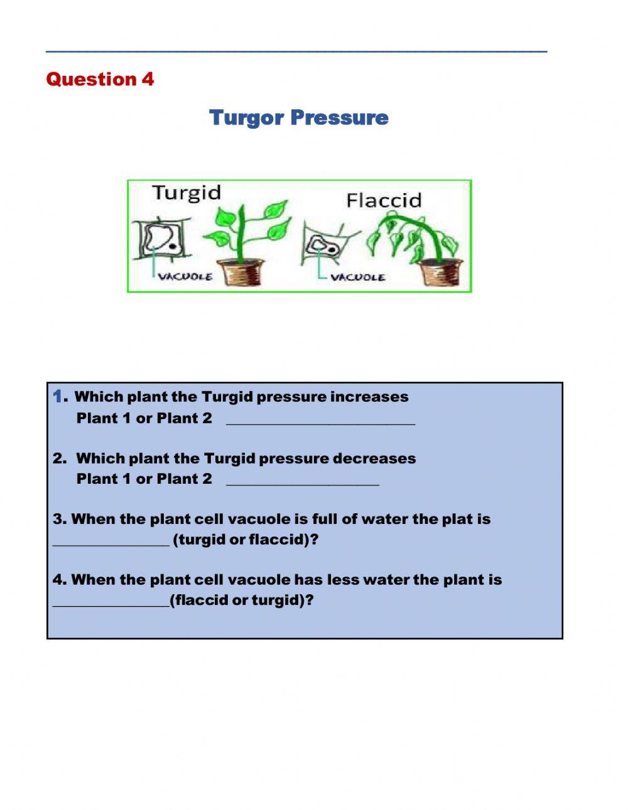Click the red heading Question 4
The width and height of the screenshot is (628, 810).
(x=100, y=80)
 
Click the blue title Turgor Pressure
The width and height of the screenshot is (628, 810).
(x=298, y=118)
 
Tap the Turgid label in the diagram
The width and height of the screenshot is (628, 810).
(x=187, y=193)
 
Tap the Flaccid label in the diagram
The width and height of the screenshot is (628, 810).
(x=384, y=201)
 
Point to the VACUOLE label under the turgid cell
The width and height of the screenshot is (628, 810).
(x=185, y=277)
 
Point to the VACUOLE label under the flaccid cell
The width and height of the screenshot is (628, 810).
(x=357, y=277)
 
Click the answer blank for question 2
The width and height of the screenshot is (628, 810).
(x=302, y=480)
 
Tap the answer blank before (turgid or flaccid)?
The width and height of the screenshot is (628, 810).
(x=111, y=540)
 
